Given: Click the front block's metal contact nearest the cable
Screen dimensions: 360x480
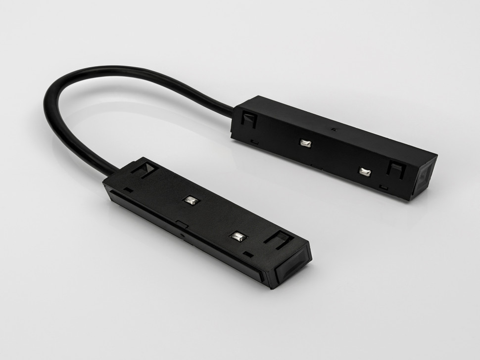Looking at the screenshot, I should pyautogui.click(x=191, y=200).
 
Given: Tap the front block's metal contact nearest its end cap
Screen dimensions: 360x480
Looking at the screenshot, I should pyautogui.click(x=238, y=236).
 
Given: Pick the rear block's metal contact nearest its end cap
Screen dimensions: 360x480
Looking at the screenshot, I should pyautogui.click(x=365, y=171).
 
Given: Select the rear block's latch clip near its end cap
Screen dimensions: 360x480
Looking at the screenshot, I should pyautogui.click(x=396, y=169).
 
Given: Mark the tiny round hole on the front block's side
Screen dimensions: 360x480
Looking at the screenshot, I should pyautogui.click(x=184, y=236).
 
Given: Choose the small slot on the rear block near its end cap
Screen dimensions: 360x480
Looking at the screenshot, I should pyautogui.click(x=383, y=187).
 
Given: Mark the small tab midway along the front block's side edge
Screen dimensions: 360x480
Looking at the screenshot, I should pyautogui.click(x=182, y=225).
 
